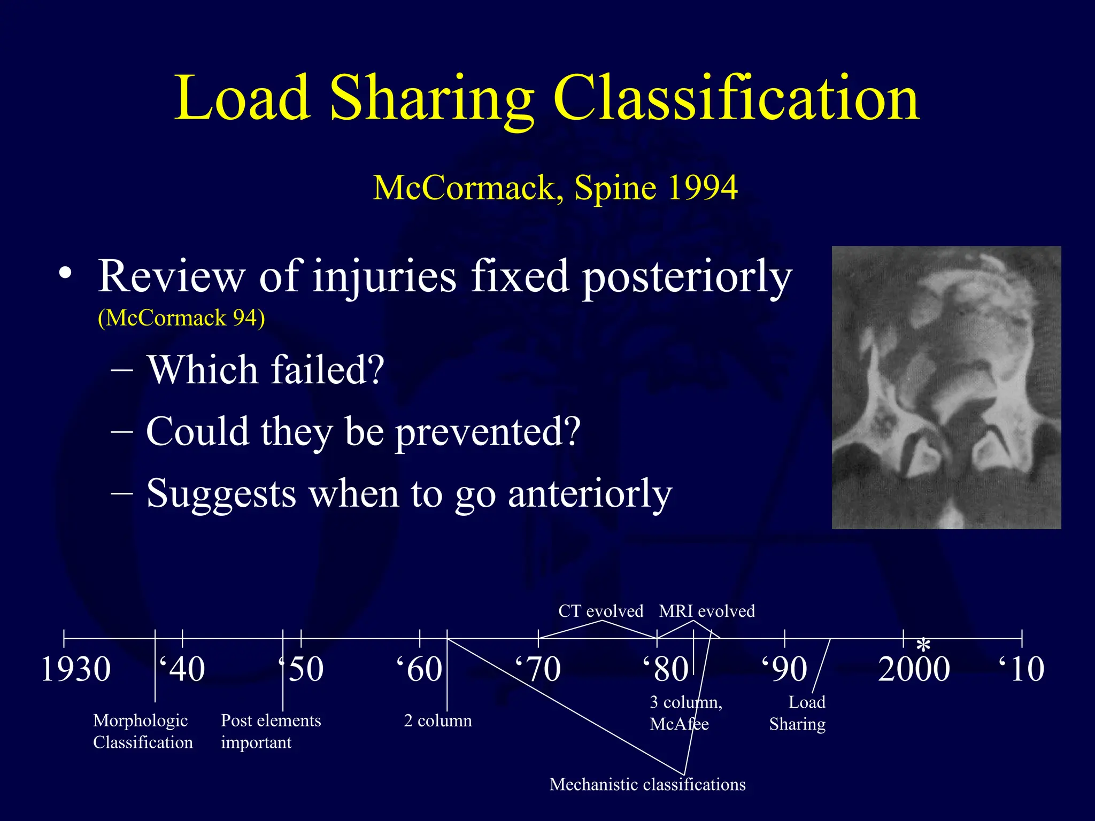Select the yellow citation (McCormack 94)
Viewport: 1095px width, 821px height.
[x=181, y=318]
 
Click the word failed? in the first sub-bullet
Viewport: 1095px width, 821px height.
[x=327, y=370]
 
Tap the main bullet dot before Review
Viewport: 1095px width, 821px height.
[x=65, y=273]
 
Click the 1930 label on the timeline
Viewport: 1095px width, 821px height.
[x=76, y=669]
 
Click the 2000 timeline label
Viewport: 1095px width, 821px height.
[x=914, y=669]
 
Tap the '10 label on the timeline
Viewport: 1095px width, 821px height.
[x=1021, y=669]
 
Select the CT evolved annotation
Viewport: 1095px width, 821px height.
[x=600, y=611]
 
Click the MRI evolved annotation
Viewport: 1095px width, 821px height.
[x=707, y=611]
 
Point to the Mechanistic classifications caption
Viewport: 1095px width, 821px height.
[x=647, y=785]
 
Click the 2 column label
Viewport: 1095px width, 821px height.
[x=438, y=721]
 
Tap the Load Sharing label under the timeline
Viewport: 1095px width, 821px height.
[x=798, y=713]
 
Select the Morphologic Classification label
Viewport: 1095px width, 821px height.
[x=142, y=731]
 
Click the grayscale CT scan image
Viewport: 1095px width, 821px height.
[x=946, y=388]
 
